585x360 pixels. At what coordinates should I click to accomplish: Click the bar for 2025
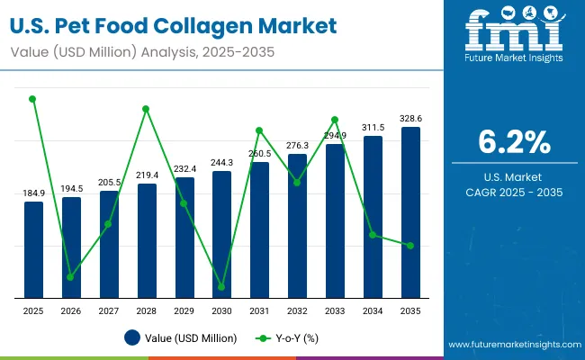pyautogui.click(x=33, y=249)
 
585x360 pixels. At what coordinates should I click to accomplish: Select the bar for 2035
pyautogui.click(x=410, y=212)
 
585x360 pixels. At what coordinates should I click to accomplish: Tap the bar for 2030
pyautogui.click(x=221, y=234)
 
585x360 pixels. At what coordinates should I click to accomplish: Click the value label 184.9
pyautogui.click(x=33, y=193)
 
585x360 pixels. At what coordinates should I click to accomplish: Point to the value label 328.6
pyautogui.click(x=410, y=119)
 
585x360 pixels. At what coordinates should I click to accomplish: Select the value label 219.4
pyautogui.click(x=147, y=175)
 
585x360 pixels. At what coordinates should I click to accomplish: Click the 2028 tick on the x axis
pyautogui.click(x=147, y=310)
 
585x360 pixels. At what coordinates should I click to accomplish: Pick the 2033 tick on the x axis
pyautogui.click(x=335, y=310)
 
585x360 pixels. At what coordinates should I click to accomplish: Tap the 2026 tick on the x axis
pyautogui.click(x=71, y=310)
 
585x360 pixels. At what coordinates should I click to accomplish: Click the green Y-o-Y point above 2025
pyautogui.click(x=33, y=99)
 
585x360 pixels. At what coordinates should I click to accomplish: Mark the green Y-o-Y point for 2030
pyautogui.click(x=221, y=287)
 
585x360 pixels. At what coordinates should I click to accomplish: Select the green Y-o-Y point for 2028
pyautogui.click(x=147, y=109)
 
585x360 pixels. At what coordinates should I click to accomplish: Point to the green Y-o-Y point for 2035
pyautogui.click(x=410, y=246)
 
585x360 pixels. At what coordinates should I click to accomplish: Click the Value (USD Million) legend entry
pyautogui.click(x=181, y=338)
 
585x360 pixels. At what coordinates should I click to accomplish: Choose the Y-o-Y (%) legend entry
pyautogui.click(x=289, y=338)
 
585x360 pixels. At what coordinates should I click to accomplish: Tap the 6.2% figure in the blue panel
pyautogui.click(x=512, y=142)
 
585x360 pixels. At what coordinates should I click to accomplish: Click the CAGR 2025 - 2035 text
pyautogui.click(x=512, y=193)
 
